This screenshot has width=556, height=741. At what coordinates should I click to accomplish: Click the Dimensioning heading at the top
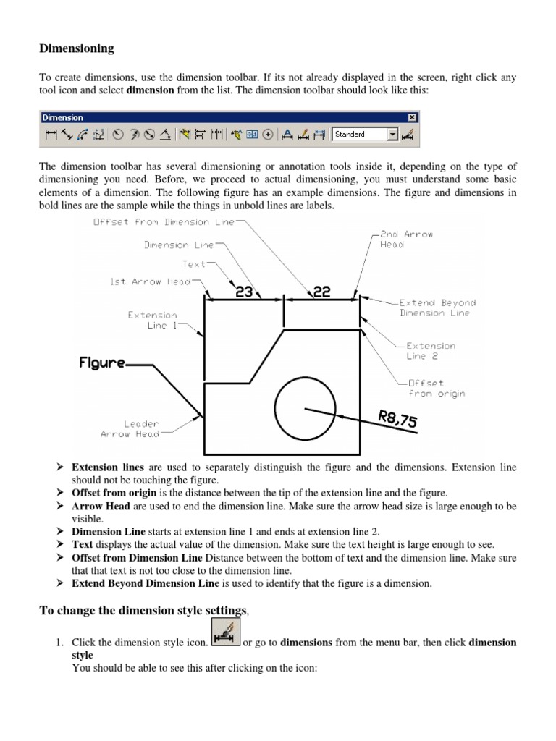(76, 48)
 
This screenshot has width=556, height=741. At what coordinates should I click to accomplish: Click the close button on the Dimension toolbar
(412, 117)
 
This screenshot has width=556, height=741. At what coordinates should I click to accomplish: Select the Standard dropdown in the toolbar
(365, 134)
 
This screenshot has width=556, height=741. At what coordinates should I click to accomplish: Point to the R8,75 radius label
(397, 419)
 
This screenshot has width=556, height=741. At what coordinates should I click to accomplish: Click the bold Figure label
(102, 363)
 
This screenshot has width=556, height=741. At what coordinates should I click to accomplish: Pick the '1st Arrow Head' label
(150, 281)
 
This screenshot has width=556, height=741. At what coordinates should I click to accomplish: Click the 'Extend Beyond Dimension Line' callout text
(437, 308)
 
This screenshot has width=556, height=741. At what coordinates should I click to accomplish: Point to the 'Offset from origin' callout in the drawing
(437, 388)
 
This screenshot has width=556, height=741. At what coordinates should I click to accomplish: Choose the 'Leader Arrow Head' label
(130, 428)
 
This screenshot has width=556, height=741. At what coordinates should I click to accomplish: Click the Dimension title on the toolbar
(63, 117)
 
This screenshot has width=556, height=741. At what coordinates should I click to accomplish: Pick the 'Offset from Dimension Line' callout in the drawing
(164, 222)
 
